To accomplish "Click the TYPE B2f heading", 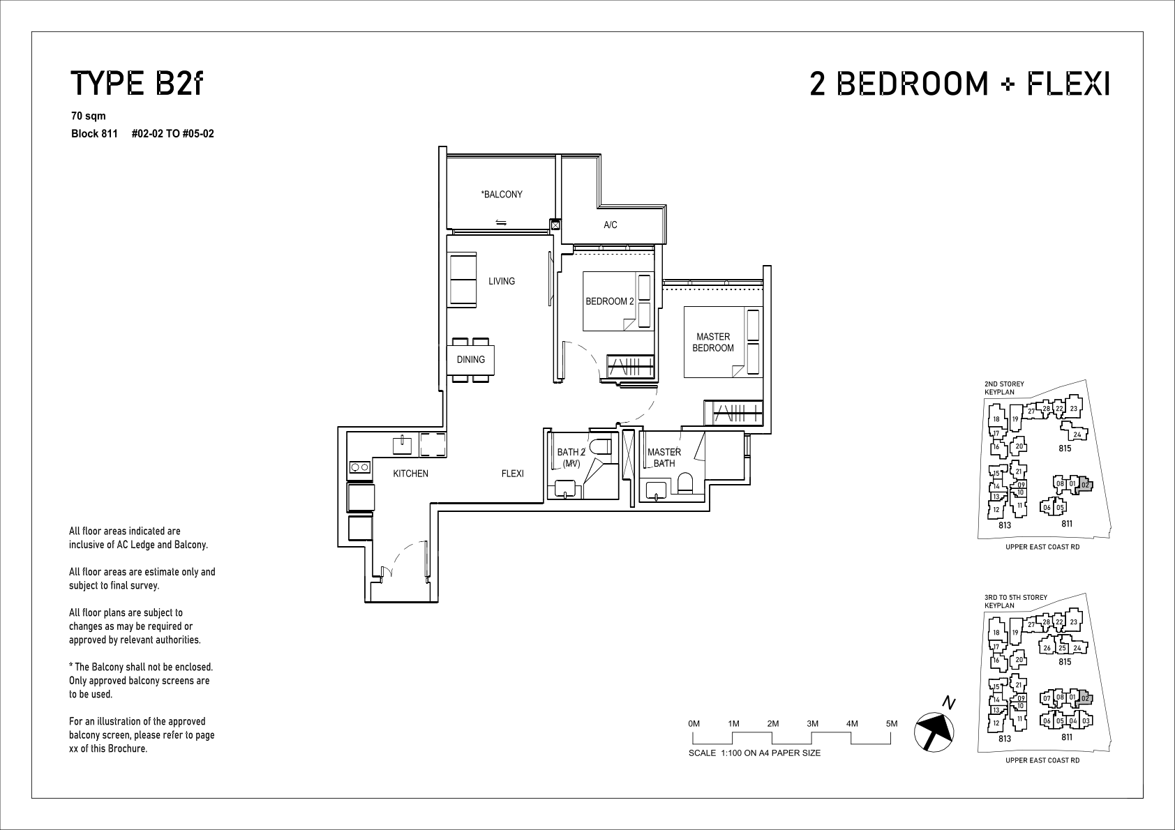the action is (136, 84).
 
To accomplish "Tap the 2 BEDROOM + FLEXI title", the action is (960, 84).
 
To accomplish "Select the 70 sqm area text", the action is (88, 116).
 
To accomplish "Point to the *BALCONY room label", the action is (502, 195).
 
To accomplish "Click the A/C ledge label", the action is (610, 225).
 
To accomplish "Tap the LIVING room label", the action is (502, 281).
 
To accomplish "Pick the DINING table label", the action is (470, 360).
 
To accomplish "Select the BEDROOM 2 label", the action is (610, 301).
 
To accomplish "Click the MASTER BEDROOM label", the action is (713, 342).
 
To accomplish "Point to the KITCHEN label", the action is (411, 474).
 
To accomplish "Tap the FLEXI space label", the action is (512, 474).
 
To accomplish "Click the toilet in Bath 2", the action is (601, 447).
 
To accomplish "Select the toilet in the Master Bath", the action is (685, 483).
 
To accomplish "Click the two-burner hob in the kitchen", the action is (359, 467).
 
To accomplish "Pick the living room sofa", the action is (462, 280).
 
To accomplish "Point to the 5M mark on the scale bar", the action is (891, 723).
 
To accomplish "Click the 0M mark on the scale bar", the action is (694, 723).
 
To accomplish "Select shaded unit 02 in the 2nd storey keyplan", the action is (1085, 485).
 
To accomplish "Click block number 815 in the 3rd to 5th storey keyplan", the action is (1065, 662).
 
